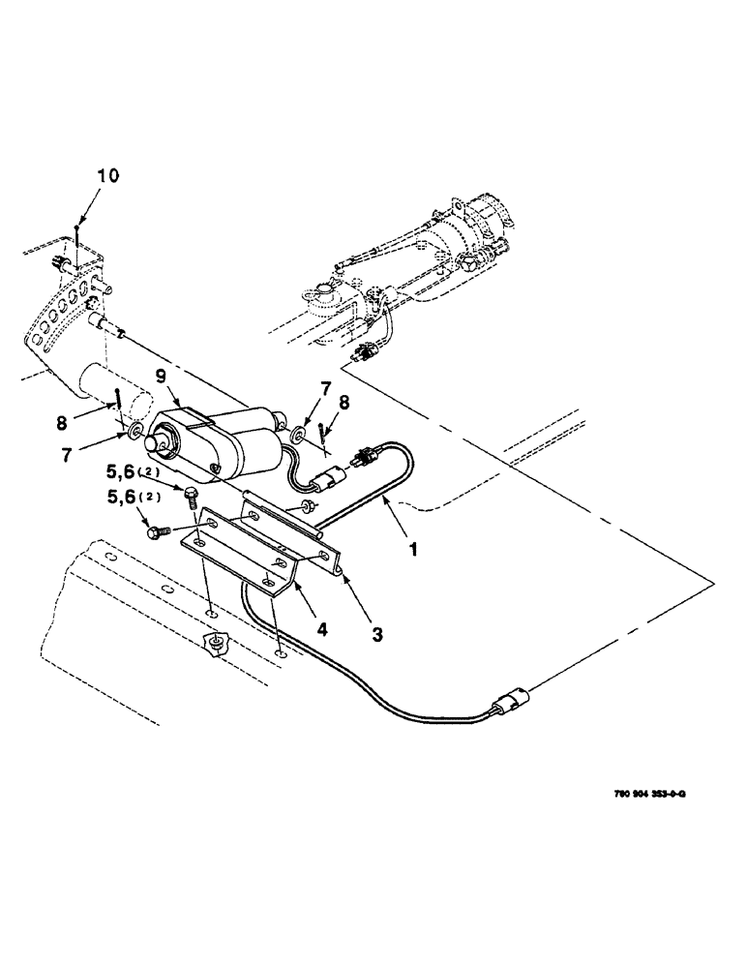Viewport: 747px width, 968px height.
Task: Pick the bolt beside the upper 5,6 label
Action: pyautogui.click(x=191, y=497)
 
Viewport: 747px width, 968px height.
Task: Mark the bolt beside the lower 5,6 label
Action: pyautogui.click(x=156, y=530)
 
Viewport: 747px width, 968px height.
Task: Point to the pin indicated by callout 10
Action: pyautogui.click(x=76, y=236)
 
